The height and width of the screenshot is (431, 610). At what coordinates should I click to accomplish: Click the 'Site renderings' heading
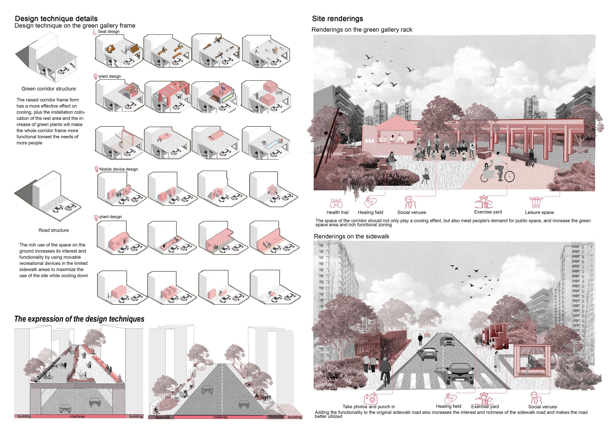[337, 19]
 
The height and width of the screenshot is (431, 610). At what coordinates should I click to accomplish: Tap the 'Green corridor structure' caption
[49, 89]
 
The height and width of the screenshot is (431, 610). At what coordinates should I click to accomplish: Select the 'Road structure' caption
[54, 230]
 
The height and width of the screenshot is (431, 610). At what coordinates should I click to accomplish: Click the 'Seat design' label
[109, 31]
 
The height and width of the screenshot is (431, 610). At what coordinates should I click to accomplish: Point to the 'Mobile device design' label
[119, 169]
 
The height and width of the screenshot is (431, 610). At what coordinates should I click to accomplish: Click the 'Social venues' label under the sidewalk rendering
[543, 407]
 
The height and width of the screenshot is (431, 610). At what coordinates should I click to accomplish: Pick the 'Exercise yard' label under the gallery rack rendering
[488, 212]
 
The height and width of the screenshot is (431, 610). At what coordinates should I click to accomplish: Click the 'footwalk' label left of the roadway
[163, 417]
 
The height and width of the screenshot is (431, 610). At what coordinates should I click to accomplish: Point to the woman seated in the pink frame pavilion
[529, 365]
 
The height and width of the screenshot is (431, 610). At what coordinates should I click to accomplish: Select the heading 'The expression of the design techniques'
[79, 319]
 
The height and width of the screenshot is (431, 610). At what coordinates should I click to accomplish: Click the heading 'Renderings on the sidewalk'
[351, 236]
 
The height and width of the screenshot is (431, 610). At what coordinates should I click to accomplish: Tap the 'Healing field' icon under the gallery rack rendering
[370, 202]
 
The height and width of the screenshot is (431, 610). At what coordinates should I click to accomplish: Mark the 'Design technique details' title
[56, 19]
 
